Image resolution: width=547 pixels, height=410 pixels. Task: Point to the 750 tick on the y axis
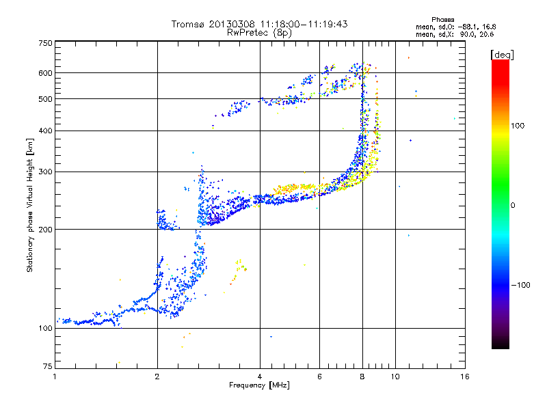pos(45,42)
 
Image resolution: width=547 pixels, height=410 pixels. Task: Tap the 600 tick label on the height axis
pos(45,73)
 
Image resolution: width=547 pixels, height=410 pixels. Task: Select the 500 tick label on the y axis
pos(45,99)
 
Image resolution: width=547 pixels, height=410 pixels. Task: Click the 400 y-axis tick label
pos(45,131)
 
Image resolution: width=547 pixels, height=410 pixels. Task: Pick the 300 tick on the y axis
pos(45,172)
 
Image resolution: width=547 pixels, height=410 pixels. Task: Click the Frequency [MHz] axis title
pos(259,385)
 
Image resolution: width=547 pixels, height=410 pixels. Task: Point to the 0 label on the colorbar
pos(513,205)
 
